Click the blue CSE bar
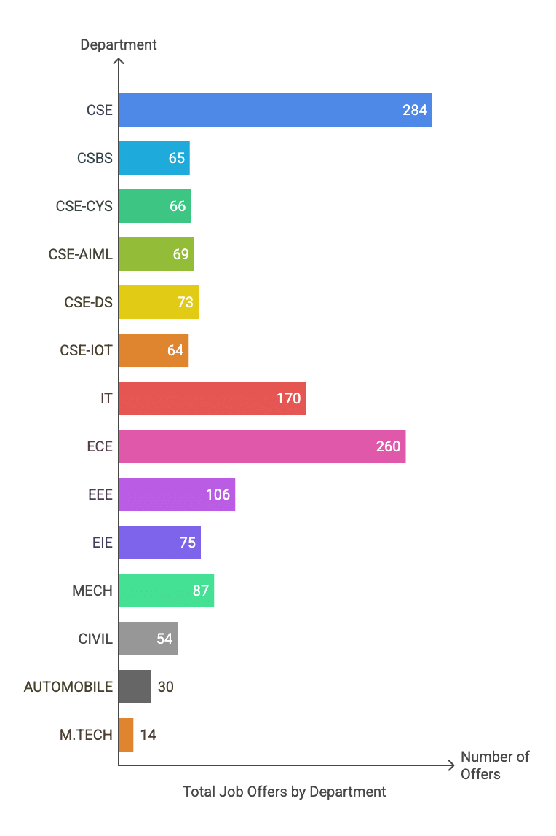pyautogui.click(x=275, y=110)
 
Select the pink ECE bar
pyautogui.click(x=262, y=446)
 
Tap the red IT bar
pyautogui.click(x=212, y=398)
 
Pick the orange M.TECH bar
pyautogui.click(x=126, y=735)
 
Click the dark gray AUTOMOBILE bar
pyautogui.click(x=135, y=687)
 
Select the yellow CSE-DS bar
pyautogui.click(x=159, y=302)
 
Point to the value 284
pyautogui.click(x=415, y=111)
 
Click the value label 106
pyautogui.click(x=218, y=495)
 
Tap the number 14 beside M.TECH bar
pyautogui.click(x=148, y=735)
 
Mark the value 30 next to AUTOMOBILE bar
pyautogui.click(x=166, y=687)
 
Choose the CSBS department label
pyautogui.click(x=95, y=158)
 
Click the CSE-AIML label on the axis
pyautogui.click(x=81, y=254)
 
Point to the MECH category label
pyautogui.click(x=92, y=591)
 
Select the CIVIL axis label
pyautogui.click(x=95, y=639)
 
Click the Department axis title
pyautogui.click(x=119, y=44)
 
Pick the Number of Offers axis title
pyautogui.click(x=495, y=765)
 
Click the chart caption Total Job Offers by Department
pyautogui.click(x=285, y=792)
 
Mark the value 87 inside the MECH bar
pyautogui.click(x=201, y=591)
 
